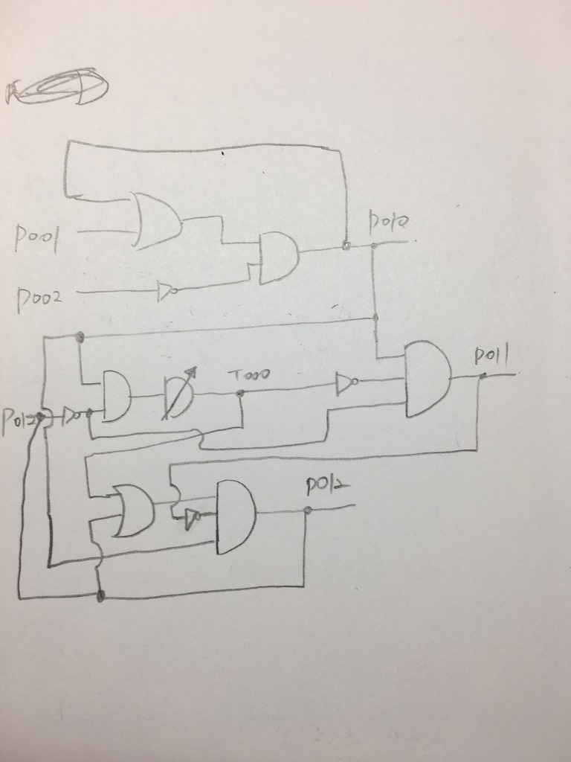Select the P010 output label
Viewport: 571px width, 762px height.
[x=389, y=220]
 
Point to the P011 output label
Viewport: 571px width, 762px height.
[x=491, y=358]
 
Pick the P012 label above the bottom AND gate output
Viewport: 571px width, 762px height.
[x=326, y=486]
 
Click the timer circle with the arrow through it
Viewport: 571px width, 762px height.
[x=178, y=395]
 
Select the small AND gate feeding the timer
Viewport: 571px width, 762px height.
[x=116, y=396]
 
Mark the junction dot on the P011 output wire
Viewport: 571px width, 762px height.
[x=483, y=375]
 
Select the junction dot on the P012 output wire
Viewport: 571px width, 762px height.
[x=307, y=510]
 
